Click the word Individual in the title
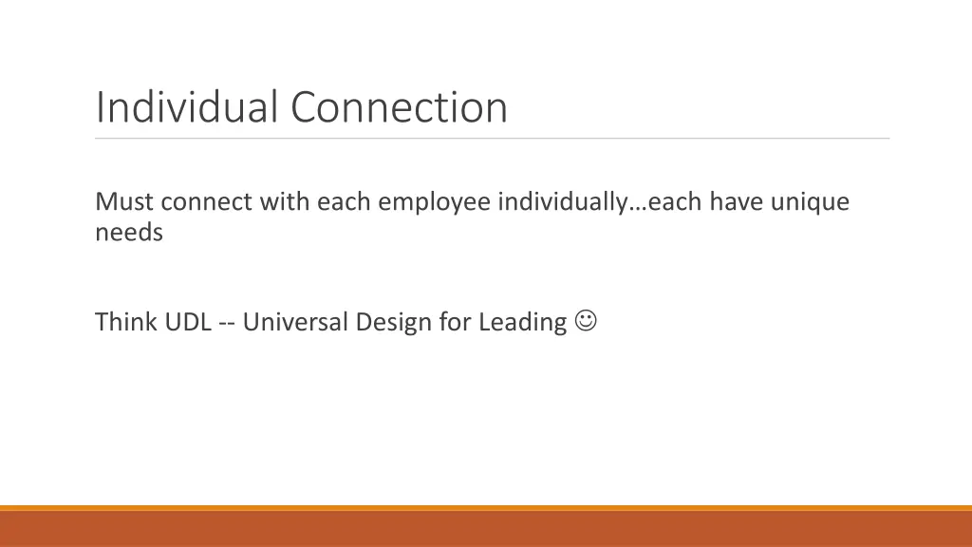(x=188, y=106)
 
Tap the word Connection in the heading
(x=399, y=106)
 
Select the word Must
(x=123, y=202)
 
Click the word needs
(x=128, y=233)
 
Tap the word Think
(x=126, y=323)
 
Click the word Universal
(x=295, y=323)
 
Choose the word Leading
(x=522, y=323)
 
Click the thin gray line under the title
(x=493, y=139)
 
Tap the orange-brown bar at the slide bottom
(x=486, y=528)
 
